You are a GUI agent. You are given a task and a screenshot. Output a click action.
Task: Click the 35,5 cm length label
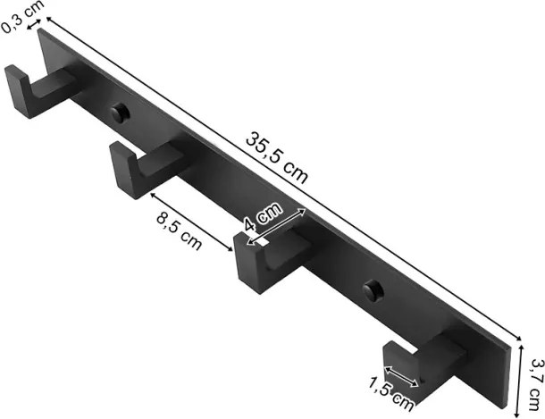(x=277, y=157)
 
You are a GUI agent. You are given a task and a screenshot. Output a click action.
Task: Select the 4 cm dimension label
(x=262, y=217)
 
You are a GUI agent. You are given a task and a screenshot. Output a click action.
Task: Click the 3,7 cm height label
(x=537, y=384)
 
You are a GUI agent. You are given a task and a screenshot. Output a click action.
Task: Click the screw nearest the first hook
(x=120, y=113)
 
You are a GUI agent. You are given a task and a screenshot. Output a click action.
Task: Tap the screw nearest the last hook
(x=373, y=289)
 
